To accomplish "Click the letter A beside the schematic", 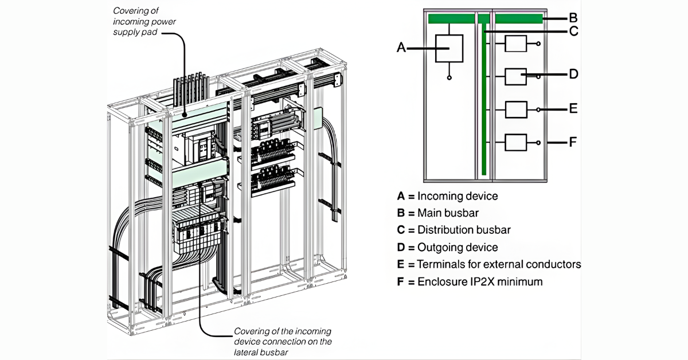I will (401, 48).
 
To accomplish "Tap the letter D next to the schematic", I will (573, 74).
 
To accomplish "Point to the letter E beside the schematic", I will (573, 108).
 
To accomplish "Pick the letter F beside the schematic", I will (573, 141).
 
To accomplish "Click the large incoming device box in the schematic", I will (449, 48).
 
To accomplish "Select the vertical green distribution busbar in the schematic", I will (484, 103).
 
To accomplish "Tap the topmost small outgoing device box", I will (515, 44).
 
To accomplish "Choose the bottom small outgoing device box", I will (515, 142).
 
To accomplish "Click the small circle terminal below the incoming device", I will (449, 77).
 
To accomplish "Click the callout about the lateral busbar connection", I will (282, 342).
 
